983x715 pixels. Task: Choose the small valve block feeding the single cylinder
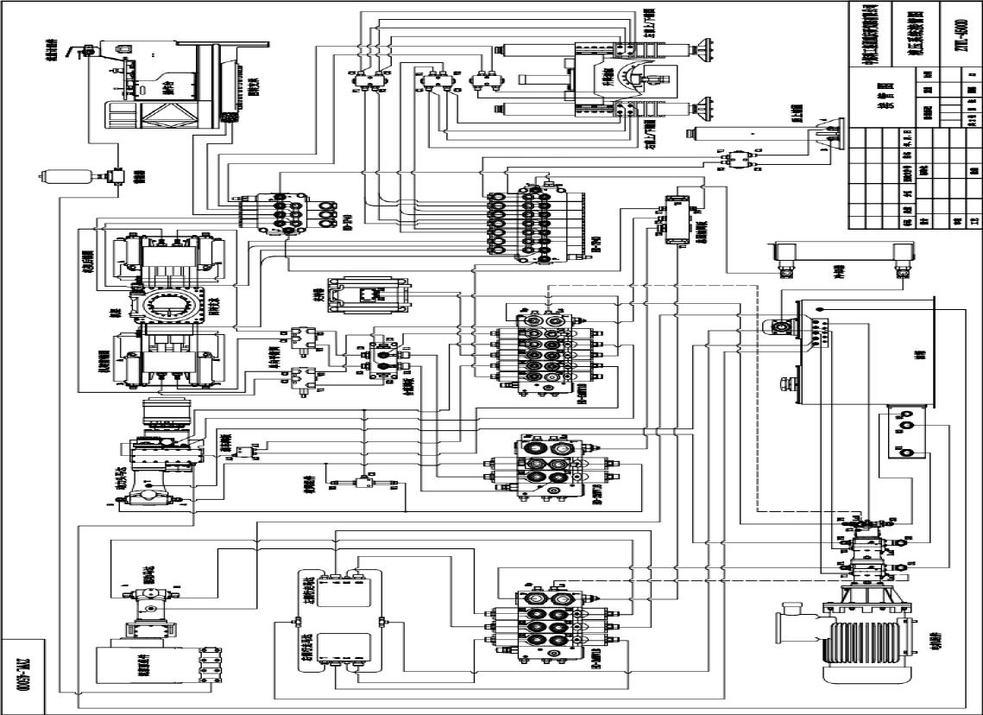coord(734,159)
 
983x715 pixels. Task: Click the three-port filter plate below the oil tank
coord(902,435)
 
